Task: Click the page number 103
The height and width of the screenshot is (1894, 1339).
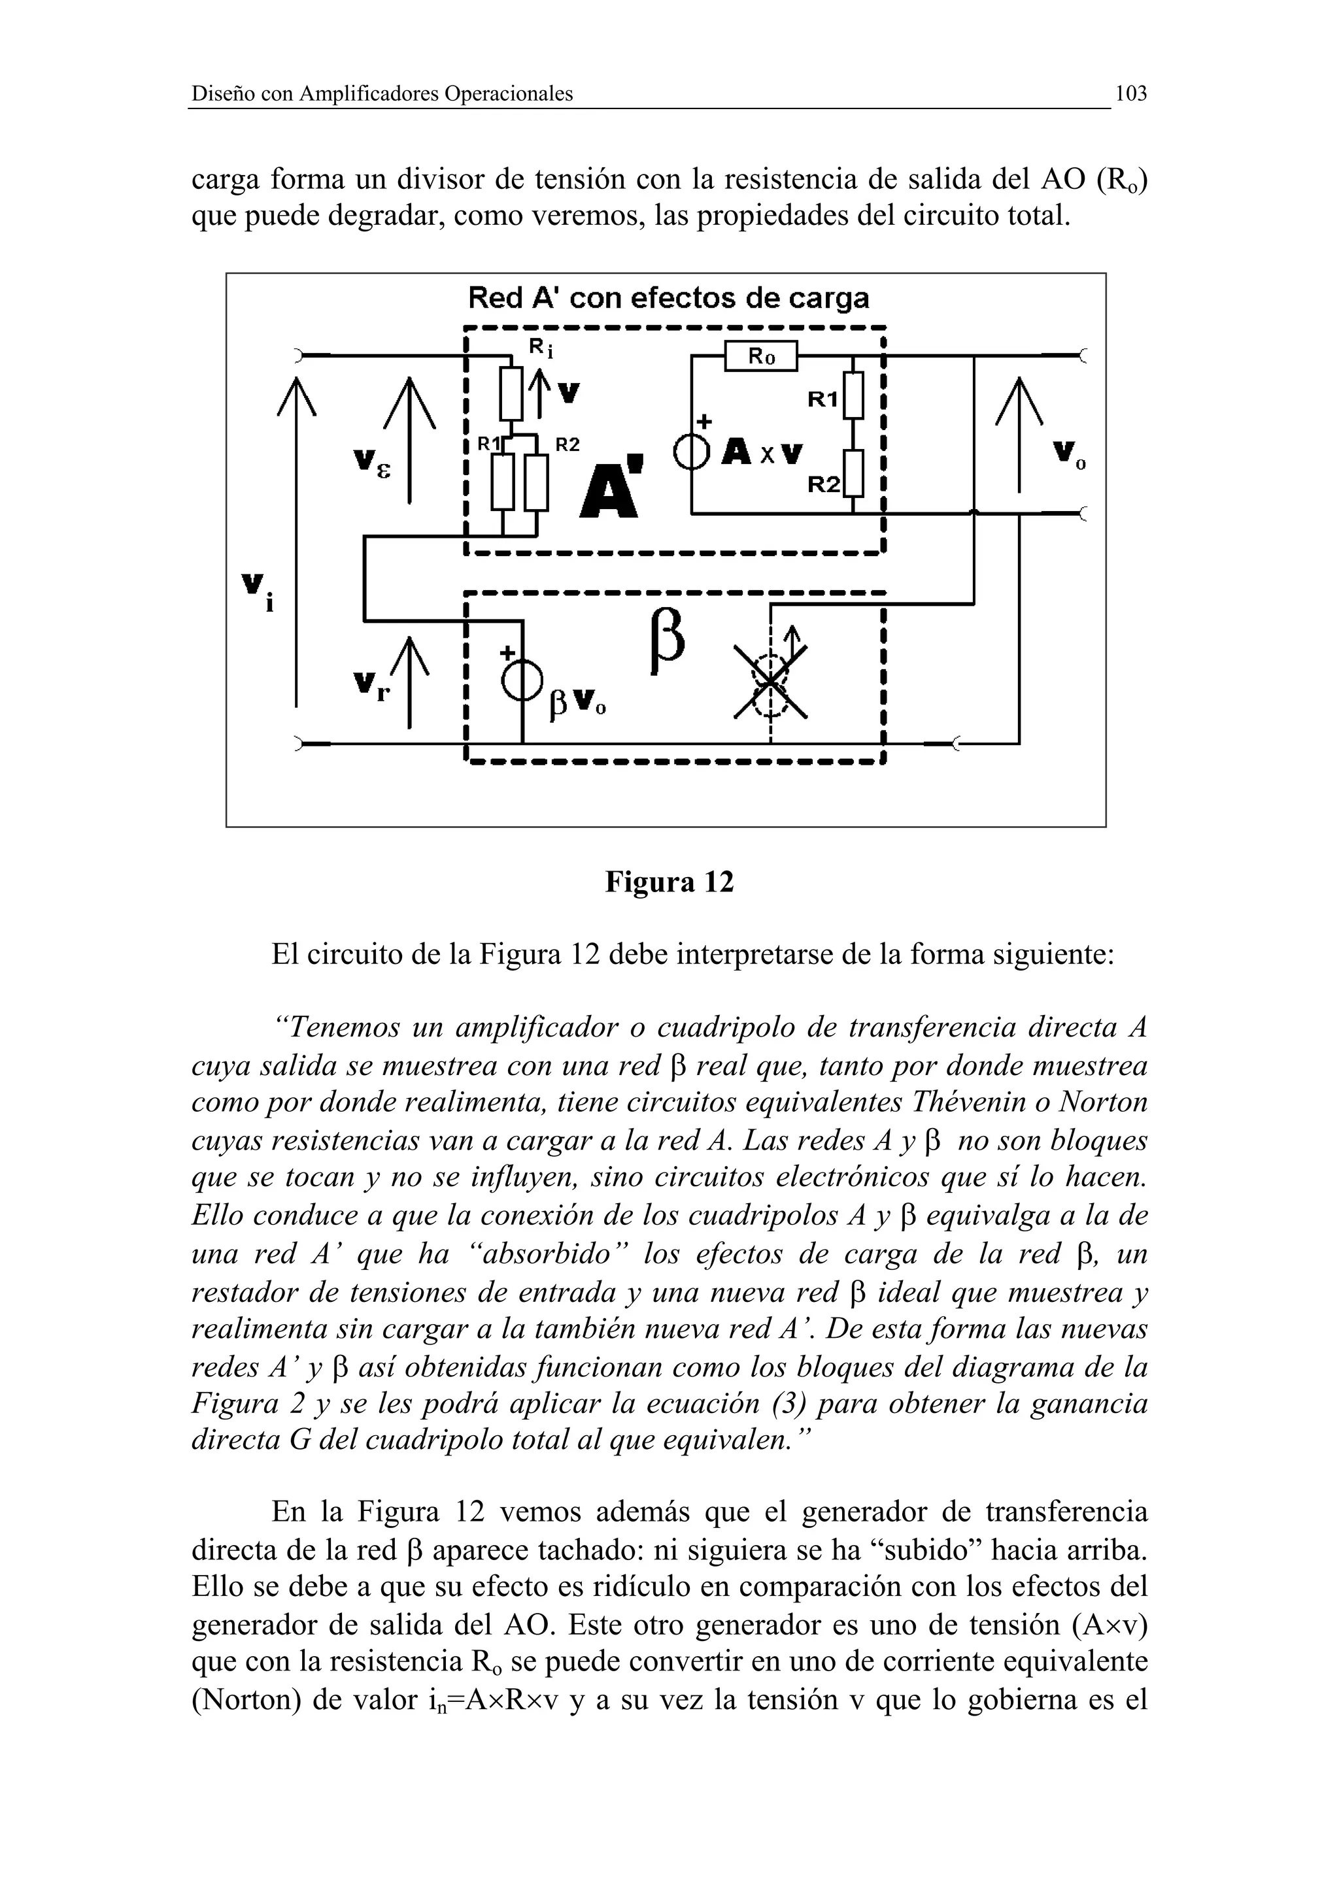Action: click(x=1130, y=94)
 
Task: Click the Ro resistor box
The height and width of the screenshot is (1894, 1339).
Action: click(x=760, y=356)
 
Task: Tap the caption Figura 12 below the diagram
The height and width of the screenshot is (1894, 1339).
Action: click(x=669, y=883)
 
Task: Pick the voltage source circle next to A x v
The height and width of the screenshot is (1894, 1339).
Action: click(x=691, y=452)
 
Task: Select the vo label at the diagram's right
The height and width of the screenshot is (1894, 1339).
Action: click(x=1070, y=454)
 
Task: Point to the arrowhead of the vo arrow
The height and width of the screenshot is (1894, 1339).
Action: click(x=1019, y=396)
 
